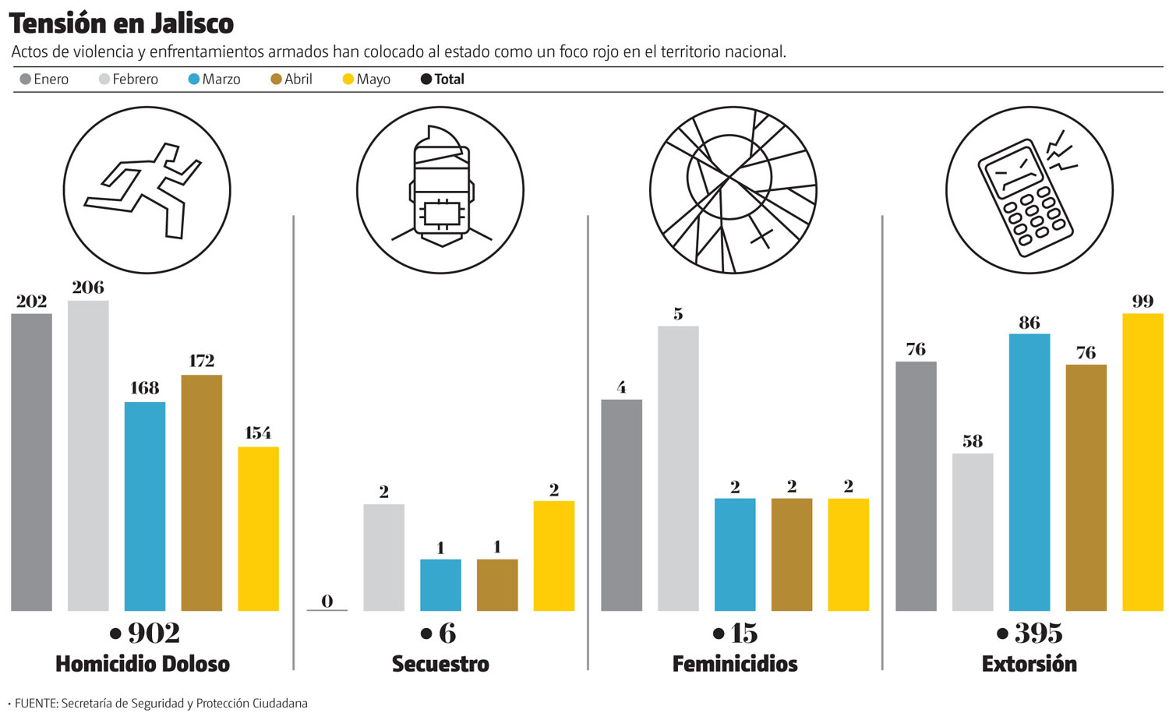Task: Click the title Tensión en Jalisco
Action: pyautogui.click(x=122, y=23)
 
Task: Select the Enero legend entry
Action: pyautogui.click(x=44, y=79)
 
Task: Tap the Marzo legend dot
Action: pyautogui.click(x=194, y=79)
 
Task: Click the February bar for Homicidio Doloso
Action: pyautogui.click(x=88, y=455)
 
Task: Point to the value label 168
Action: pyautogui.click(x=145, y=387)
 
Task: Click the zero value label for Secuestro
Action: pyautogui.click(x=327, y=601)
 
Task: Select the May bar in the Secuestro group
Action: pyautogui.click(x=554, y=555)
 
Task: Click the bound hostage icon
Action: pyautogui.click(x=440, y=190)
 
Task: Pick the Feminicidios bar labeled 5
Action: pyautogui.click(x=678, y=468)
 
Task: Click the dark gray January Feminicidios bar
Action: pyautogui.click(x=622, y=505)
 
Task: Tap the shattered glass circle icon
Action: pyautogui.click(x=733, y=190)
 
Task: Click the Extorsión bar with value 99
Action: pyautogui.click(x=1143, y=461)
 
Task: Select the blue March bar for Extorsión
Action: pyautogui.click(x=1029, y=471)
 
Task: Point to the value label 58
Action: pyautogui.click(x=973, y=441)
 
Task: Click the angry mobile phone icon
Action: pyautogui.click(x=1029, y=190)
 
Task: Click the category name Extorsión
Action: pyautogui.click(x=1029, y=664)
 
